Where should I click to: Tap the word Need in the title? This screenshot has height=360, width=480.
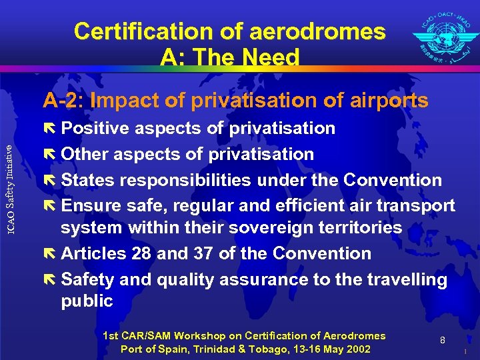pos(271,58)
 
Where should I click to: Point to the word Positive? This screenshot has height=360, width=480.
pos(97,128)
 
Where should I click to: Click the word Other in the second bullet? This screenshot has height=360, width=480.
pos(85,154)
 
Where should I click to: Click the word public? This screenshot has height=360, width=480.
pos(87,301)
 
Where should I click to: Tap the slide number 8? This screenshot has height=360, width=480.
pos(443,341)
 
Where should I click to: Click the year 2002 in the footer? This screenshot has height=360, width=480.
pos(357,349)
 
